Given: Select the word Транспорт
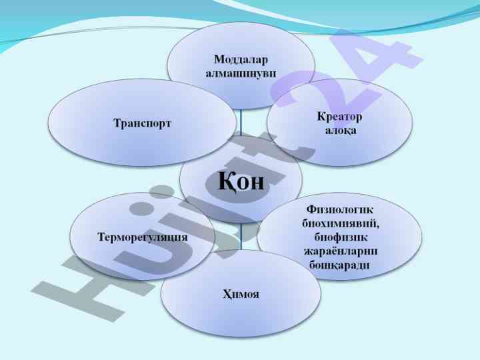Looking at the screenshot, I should (142, 123).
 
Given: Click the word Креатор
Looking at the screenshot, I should (339, 117).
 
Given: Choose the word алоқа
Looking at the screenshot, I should (340, 129).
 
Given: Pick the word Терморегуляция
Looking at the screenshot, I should (142, 237).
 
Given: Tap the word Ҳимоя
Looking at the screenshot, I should (241, 294).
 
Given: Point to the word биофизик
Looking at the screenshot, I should (340, 237).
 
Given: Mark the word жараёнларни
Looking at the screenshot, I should (340, 251).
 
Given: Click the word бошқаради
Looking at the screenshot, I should (340, 265).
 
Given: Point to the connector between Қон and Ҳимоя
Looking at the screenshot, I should (241, 233).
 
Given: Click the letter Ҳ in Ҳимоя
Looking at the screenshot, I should (227, 294).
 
